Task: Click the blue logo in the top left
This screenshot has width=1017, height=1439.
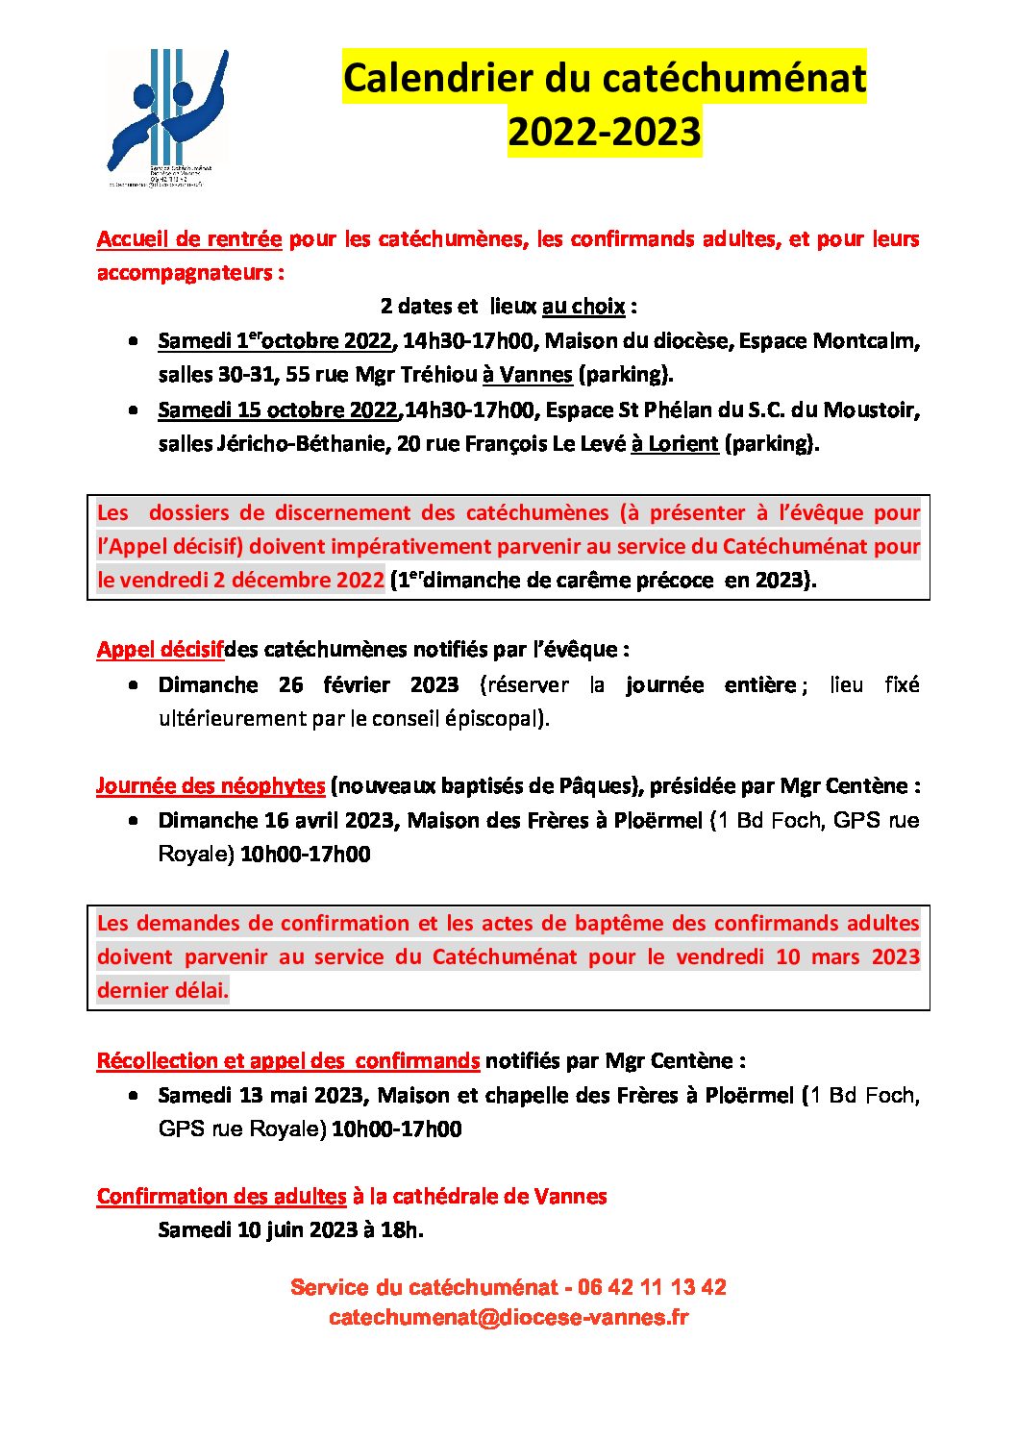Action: [x=166, y=115]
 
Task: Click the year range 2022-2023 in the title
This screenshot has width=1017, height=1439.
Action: [x=605, y=132]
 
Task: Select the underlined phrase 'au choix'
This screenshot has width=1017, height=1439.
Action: [x=583, y=307]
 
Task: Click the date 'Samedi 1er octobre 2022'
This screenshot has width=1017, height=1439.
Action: [x=275, y=341]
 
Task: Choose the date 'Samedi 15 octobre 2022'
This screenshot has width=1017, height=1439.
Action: [x=278, y=410]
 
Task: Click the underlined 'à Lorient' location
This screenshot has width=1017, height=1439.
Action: [x=675, y=444]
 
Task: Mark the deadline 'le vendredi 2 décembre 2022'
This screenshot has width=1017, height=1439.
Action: [x=240, y=581]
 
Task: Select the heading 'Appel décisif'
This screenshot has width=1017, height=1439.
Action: [x=160, y=650]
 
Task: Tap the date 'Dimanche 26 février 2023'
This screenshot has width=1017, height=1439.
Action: [x=308, y=685]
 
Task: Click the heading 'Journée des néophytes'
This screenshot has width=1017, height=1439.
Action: [x=211, y=786]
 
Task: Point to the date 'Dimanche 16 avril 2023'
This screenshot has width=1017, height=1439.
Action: [x=277, y=821]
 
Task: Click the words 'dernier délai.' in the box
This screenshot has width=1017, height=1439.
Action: [x=163, y=991]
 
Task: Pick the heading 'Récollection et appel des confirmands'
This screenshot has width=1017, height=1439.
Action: [x=288, y=1061]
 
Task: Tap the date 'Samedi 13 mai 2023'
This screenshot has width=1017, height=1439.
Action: [x=260, y=1096]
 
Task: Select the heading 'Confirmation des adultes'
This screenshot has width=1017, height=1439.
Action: [x=221, y=1197]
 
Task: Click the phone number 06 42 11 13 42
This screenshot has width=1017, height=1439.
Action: [x=652, y=1288]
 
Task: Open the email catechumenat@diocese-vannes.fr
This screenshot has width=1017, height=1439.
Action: [x=508, y=1318]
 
